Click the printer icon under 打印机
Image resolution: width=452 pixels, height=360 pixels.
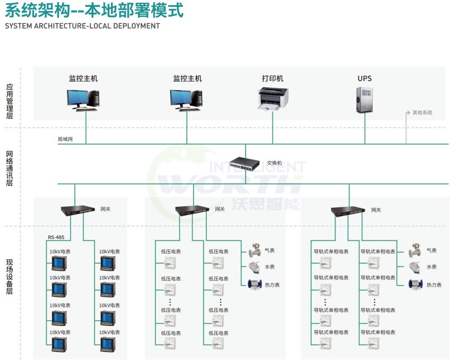[273, 99]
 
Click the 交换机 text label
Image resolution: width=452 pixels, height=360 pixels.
[274, 163]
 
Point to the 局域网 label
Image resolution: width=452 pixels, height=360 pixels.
[65, 139]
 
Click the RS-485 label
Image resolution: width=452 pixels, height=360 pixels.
[56, 237]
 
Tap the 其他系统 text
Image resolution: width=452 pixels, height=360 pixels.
[422, 113]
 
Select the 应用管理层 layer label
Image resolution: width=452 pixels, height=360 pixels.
[9, 101]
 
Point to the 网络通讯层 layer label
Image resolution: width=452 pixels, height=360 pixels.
[9, 169]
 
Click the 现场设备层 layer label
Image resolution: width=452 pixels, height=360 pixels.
[9, 277]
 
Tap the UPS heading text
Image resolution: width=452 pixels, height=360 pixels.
[364, 79]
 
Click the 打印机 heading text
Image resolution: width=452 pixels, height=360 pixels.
[273, 79]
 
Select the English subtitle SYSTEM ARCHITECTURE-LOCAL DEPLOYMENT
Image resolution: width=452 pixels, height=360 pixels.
[82, 26]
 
